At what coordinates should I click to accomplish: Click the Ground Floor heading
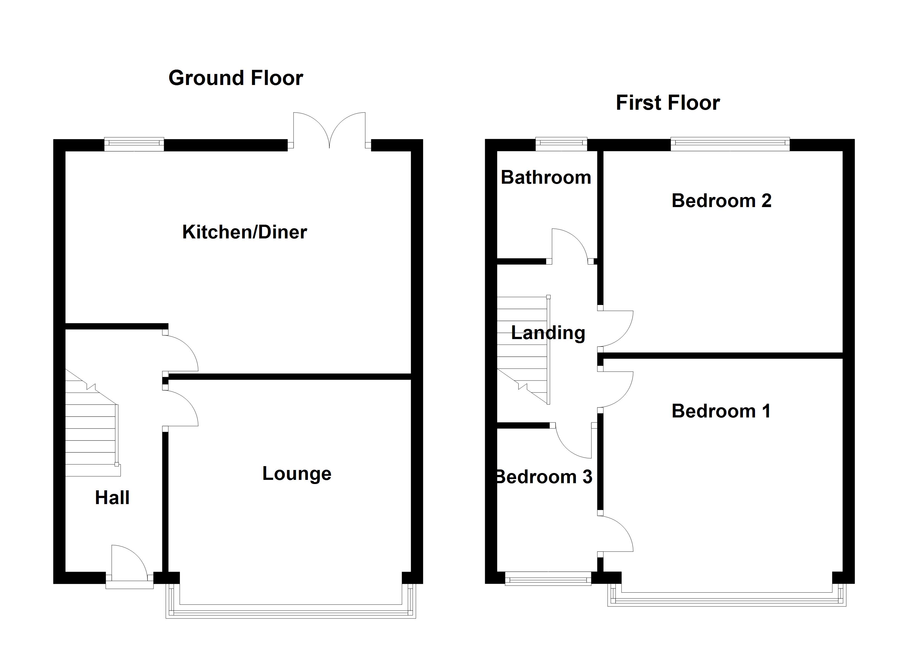[x=236, y=78]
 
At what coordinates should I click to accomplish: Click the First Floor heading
[x=668, y=103]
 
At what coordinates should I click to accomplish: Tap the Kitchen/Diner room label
[x=244, y=232]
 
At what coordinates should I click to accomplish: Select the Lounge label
[x=297, y=474]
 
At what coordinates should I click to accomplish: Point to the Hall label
[x=112, y=497]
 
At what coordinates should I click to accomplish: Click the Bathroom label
[x=546, y=177]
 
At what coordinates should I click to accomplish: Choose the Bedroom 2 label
[x=721, y=200]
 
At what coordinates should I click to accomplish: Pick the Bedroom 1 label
[x=721, y=411]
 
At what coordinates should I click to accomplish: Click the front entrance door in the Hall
[x=129, y=564]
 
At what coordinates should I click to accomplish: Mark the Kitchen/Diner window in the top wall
[x=134, y=144]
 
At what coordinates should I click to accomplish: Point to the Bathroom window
[x=561, y=144]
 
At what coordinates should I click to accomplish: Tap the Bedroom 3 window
[x=548, y=579]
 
